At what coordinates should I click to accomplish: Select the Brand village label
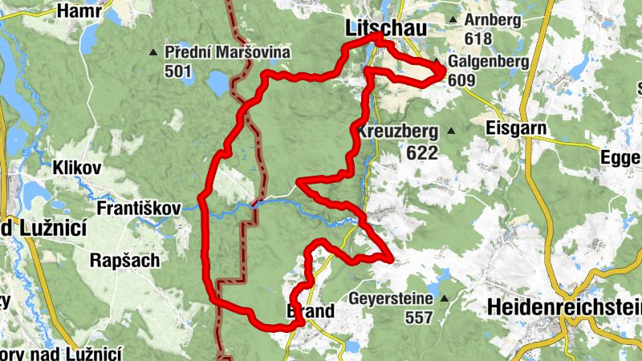tap(309, 311)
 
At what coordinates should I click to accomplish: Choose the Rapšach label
tap(124, 261)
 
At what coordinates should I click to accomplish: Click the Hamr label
tap(78, 11)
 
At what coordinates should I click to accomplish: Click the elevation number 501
tap(178, 72)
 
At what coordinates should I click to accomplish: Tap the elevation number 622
tap(422, 152)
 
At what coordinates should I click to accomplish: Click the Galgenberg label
tap(488, 61)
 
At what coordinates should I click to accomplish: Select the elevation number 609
tap(463, 80)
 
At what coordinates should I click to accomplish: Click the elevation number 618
tap(477, 38)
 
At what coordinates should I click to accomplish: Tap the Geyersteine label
tap(391, 298)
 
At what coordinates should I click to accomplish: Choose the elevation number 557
tap(419, 318)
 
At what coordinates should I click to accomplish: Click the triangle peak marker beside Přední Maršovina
tap(153, 53)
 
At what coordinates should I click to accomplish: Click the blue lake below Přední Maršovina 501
tap(216, 83)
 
